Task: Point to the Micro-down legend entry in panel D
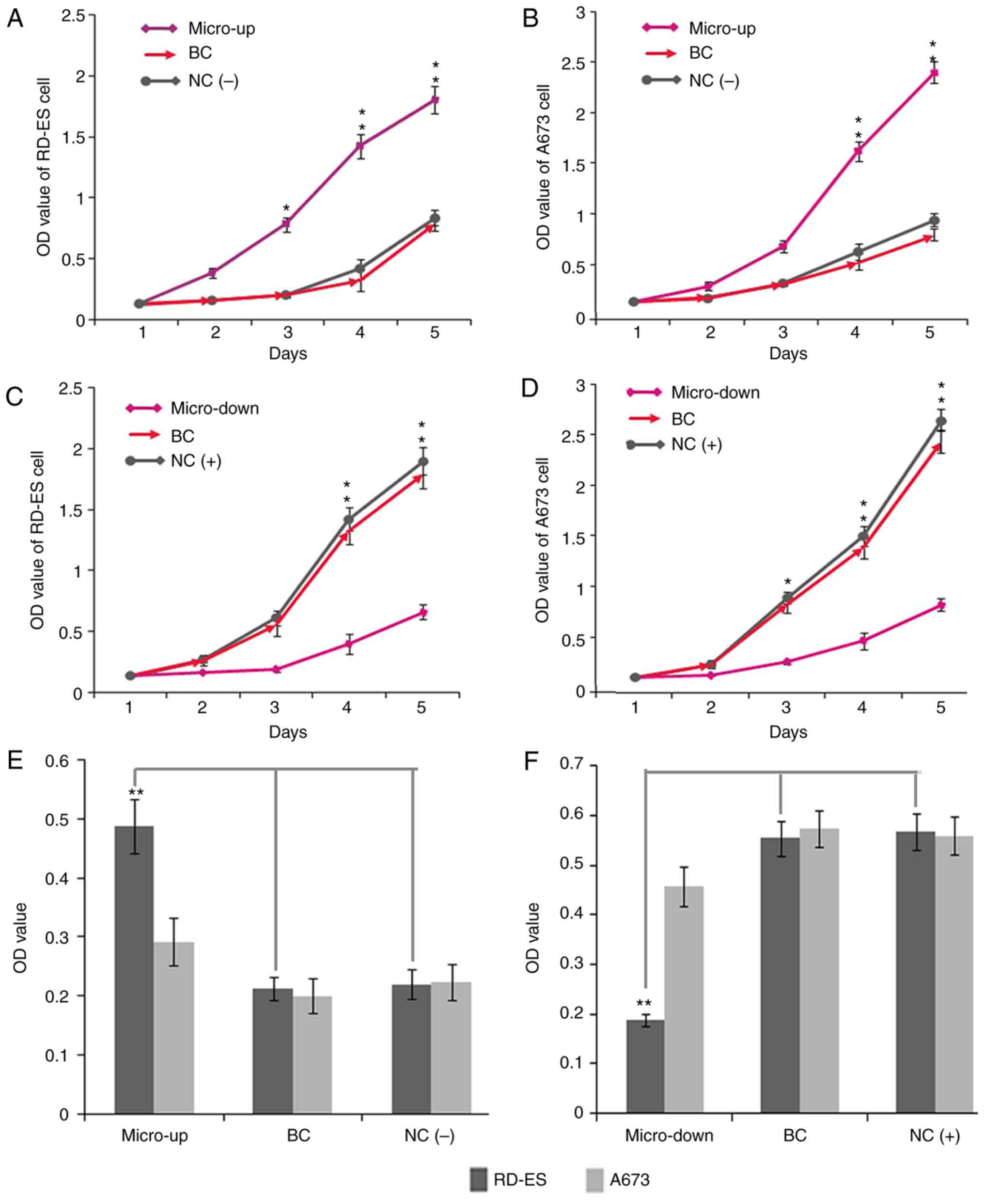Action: coord(715,393)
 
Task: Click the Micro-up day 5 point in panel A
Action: coord(435,100)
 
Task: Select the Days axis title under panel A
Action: coord(287,353)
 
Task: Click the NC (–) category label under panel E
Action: coord(429,1135)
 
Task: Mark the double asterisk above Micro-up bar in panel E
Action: coord(136,792)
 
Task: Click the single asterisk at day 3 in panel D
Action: coord(787,582)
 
